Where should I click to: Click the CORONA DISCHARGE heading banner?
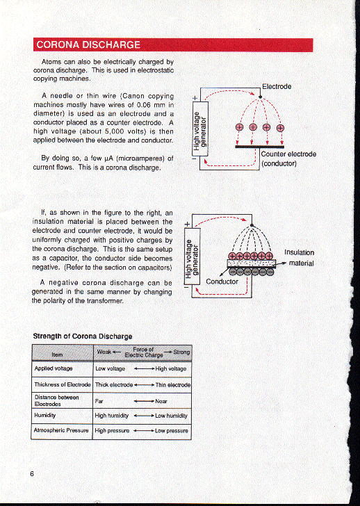[x=88, y=45]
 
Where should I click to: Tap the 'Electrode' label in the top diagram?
[x=277, y=87]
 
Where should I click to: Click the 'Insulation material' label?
[x=300, y=258]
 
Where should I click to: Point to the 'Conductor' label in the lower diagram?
[x=222, y=281]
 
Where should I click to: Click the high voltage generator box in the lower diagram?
[x=190, y=255]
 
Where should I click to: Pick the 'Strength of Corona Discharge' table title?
[x=83, y=336]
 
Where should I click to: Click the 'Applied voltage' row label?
[x=54, y=368]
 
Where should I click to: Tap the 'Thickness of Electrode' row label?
[x=63, y=384]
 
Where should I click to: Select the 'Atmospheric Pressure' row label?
[x=62, y=431]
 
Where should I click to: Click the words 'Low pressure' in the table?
[x=172, y=431]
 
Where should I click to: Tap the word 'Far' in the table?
[x=99, y=400]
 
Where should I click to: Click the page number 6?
[x=33, y=474]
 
